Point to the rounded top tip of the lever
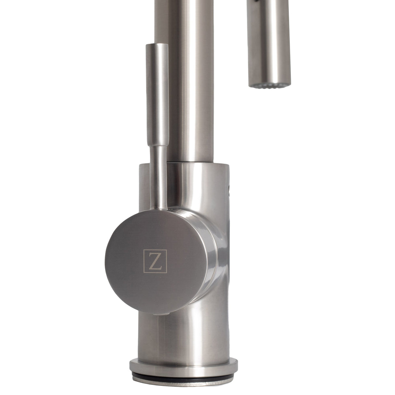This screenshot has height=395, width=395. click(x=155, y=45)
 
